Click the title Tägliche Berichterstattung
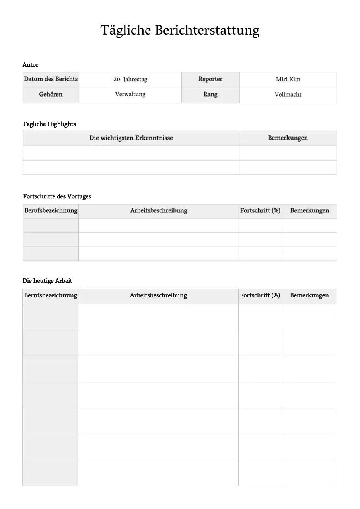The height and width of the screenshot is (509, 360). [180, 30]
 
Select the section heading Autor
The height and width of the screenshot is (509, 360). [31, 65]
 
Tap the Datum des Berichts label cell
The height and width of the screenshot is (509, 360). [51, 79]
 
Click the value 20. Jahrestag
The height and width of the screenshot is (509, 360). [130, 79]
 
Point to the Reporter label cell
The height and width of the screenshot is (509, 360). [210, 79]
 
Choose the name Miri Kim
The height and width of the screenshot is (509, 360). [288, 79]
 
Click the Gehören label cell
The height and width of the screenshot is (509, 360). [51, 95]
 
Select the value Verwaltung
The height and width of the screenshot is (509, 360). [130, 95]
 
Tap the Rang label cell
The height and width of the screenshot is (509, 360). [210, 95]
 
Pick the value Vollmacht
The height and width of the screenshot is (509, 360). [288, 95]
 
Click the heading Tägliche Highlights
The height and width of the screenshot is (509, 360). [49, 124]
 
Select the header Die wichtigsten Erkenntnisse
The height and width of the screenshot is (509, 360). [131, 138]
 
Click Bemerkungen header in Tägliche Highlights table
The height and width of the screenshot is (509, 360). [288, 138]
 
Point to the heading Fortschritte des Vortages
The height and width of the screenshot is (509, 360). [57, 196]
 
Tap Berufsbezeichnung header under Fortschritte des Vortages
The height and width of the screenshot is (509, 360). [51, 211]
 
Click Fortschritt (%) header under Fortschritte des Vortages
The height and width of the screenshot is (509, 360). [260, 211]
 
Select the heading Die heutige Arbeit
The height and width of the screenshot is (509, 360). [47, 281]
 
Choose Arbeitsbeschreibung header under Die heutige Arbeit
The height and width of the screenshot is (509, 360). [158, 295]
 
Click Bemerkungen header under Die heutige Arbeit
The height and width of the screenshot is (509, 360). [309, 295]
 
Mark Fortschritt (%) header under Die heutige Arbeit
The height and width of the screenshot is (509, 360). [260, 295]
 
